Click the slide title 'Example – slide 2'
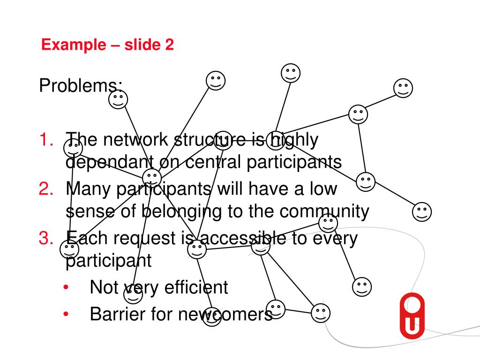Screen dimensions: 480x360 (x=107, y=45)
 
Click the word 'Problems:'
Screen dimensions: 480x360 (x=81, y=86)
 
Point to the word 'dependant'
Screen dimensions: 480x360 (x=110, y=162)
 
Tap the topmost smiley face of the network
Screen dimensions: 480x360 (x=291, y=73)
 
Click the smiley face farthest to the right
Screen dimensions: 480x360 (x=422, y=212)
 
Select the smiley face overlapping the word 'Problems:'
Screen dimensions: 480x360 (x=118, y=99)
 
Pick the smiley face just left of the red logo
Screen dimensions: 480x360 (x=361, y=286)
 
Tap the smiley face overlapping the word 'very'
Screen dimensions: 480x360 (x=133, y=294)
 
